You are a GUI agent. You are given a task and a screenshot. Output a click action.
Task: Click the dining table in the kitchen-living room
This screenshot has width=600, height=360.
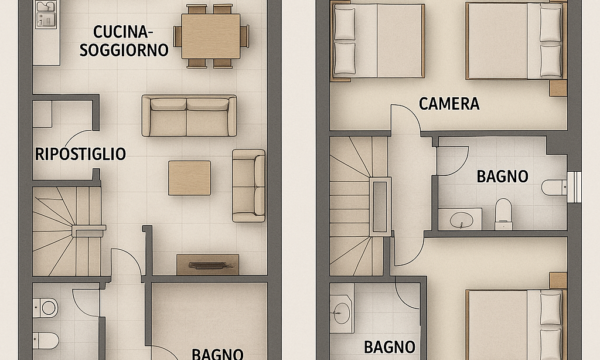pos(211,36)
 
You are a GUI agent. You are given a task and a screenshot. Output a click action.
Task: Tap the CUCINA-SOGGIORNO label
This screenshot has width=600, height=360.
pos(124,41)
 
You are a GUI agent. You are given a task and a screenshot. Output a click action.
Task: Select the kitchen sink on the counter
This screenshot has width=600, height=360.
pos(46,14)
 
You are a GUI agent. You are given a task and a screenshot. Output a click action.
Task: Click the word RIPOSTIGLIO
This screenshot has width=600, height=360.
pos(80,154)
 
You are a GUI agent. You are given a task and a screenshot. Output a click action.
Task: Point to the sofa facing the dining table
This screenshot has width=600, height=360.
pos(189,116)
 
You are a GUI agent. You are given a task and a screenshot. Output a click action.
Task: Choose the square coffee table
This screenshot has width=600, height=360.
pos(189,178)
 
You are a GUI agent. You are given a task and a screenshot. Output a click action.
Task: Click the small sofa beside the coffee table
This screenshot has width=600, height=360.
pos(249,186)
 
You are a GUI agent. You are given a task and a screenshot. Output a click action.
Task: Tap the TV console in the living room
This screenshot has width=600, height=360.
pos(207,264)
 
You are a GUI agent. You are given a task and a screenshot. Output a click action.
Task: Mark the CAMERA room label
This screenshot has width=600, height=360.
pos(449,104)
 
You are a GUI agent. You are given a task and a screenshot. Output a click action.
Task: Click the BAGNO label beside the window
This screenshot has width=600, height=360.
pos(502,176)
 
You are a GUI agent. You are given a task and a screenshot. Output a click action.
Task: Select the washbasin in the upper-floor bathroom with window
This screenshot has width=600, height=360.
pos(460,219)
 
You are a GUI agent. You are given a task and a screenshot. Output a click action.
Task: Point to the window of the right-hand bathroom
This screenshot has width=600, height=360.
pos(574,187)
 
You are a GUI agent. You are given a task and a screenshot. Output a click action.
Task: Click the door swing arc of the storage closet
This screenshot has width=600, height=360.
pos(78,136)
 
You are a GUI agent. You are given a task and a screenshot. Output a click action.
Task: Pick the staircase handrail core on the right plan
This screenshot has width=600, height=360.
pos(380,207)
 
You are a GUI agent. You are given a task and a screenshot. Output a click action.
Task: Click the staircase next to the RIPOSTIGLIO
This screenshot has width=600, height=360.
pos(67,231)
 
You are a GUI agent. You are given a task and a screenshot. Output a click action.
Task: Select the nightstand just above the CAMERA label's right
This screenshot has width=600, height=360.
pos(558,88)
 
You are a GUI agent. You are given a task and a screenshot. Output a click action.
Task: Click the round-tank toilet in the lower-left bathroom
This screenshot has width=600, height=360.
pos(46,308)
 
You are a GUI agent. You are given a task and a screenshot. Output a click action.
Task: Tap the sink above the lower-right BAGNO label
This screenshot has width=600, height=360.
pos(341,313)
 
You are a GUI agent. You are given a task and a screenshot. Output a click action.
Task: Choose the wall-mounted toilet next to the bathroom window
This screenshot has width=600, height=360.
pos(554,187)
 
